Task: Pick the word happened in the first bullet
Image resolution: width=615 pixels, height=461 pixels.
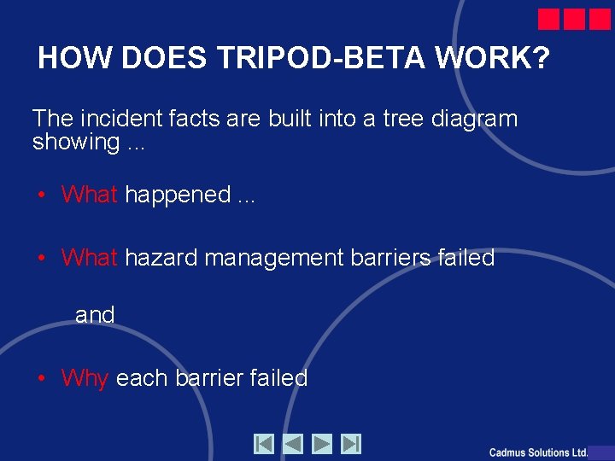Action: pyautogui.click(x=178, y=195)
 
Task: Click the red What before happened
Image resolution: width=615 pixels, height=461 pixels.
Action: pyautogui.click(x=89, y=195)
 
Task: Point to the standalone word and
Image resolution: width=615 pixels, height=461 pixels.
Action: pyautogui.click(x=95, y=315)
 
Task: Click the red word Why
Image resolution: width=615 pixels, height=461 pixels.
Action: pyautogui.click(x=85, y=378)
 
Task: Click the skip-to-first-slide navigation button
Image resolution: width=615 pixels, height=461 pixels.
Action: pyautogui.click(x=264, y=444)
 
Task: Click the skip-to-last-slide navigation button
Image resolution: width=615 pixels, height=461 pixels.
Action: pyautogui.click(x=351, y=444)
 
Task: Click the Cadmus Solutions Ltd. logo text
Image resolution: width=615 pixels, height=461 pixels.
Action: pyautogui.click(x=538, y=452)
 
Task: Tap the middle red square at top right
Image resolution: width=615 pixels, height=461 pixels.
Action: pyautogui.click(x=574, y=20)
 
